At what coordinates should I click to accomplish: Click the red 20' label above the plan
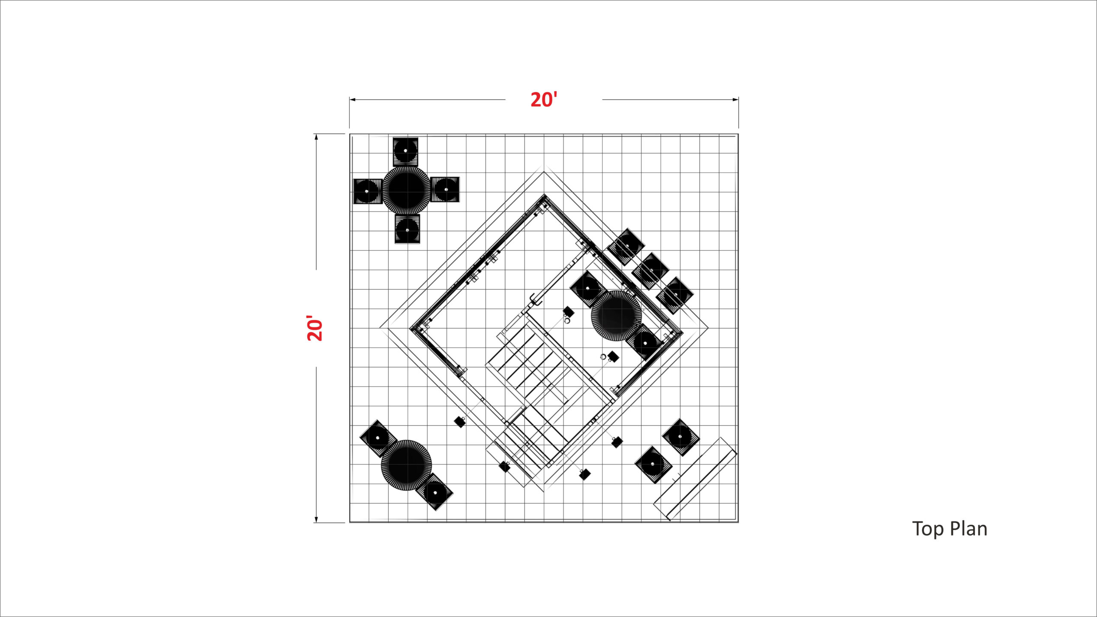click(544, 100)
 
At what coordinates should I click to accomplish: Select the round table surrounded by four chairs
click(406, 190)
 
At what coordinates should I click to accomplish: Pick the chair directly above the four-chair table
click(405, 152)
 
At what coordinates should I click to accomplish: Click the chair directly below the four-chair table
click(407, 229)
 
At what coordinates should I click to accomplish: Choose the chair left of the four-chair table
click(368, 191)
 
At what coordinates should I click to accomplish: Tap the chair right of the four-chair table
click(445, 189)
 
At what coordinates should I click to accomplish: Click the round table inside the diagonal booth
click(616, 316)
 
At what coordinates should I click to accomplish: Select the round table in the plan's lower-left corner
click(406, 465)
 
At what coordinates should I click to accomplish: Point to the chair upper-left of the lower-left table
click(378, 438)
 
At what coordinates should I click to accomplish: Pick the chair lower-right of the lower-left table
click(435, 492)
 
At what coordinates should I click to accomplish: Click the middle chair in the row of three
click(650, 271)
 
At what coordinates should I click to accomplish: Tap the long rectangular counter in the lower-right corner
click(695, 479)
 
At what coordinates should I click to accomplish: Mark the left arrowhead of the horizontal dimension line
click(352, 100)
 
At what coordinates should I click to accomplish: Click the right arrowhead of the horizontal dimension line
click(735, 100)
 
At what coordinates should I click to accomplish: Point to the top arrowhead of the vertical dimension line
click(316, 137)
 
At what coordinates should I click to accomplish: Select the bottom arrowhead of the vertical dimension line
click(316, 520)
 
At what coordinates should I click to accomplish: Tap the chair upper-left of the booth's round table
click(588, 289)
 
